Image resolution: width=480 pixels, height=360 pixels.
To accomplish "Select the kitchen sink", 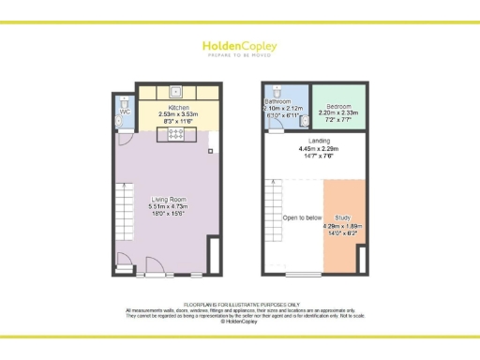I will (175, 92).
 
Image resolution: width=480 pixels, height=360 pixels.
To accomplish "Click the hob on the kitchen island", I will (175, 134).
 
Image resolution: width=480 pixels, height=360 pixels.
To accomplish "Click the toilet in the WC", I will (123, 100).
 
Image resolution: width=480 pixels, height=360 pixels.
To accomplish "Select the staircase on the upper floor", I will (274, 208).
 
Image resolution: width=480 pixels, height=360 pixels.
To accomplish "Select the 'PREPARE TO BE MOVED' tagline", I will (239, 54).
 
